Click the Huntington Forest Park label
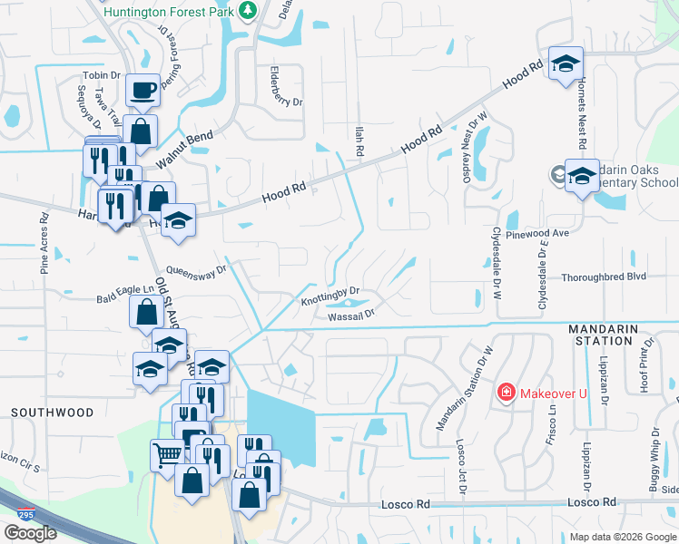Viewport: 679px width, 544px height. (170, 12)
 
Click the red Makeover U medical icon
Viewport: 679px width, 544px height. (506, 392)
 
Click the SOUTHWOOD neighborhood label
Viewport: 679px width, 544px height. (52, 413)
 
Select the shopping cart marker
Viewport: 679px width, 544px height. (166, 456)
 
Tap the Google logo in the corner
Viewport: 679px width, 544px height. (30, 532)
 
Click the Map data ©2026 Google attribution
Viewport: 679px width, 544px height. (623, 537)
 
